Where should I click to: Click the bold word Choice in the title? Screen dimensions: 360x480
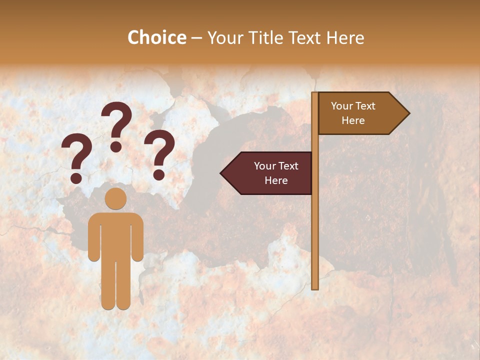click(x=156, y=37)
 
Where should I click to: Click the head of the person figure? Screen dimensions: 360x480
click(x=115, y=198)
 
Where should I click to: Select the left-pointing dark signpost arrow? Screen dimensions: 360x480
click(x=267, y=173)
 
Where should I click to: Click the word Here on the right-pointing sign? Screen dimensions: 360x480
click(x=353, y=120)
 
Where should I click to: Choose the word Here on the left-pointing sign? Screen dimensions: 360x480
click(x=276, y=180)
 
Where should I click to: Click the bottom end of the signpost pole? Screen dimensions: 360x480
click(x=315, y=287)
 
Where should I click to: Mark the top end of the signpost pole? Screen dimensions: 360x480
click(x=315, y=94)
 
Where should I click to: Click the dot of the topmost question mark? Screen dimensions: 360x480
click(x=116, y=147)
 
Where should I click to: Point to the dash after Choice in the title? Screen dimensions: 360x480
click(x=196, y=38)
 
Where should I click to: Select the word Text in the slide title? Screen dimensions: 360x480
click(x=305, y=37)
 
